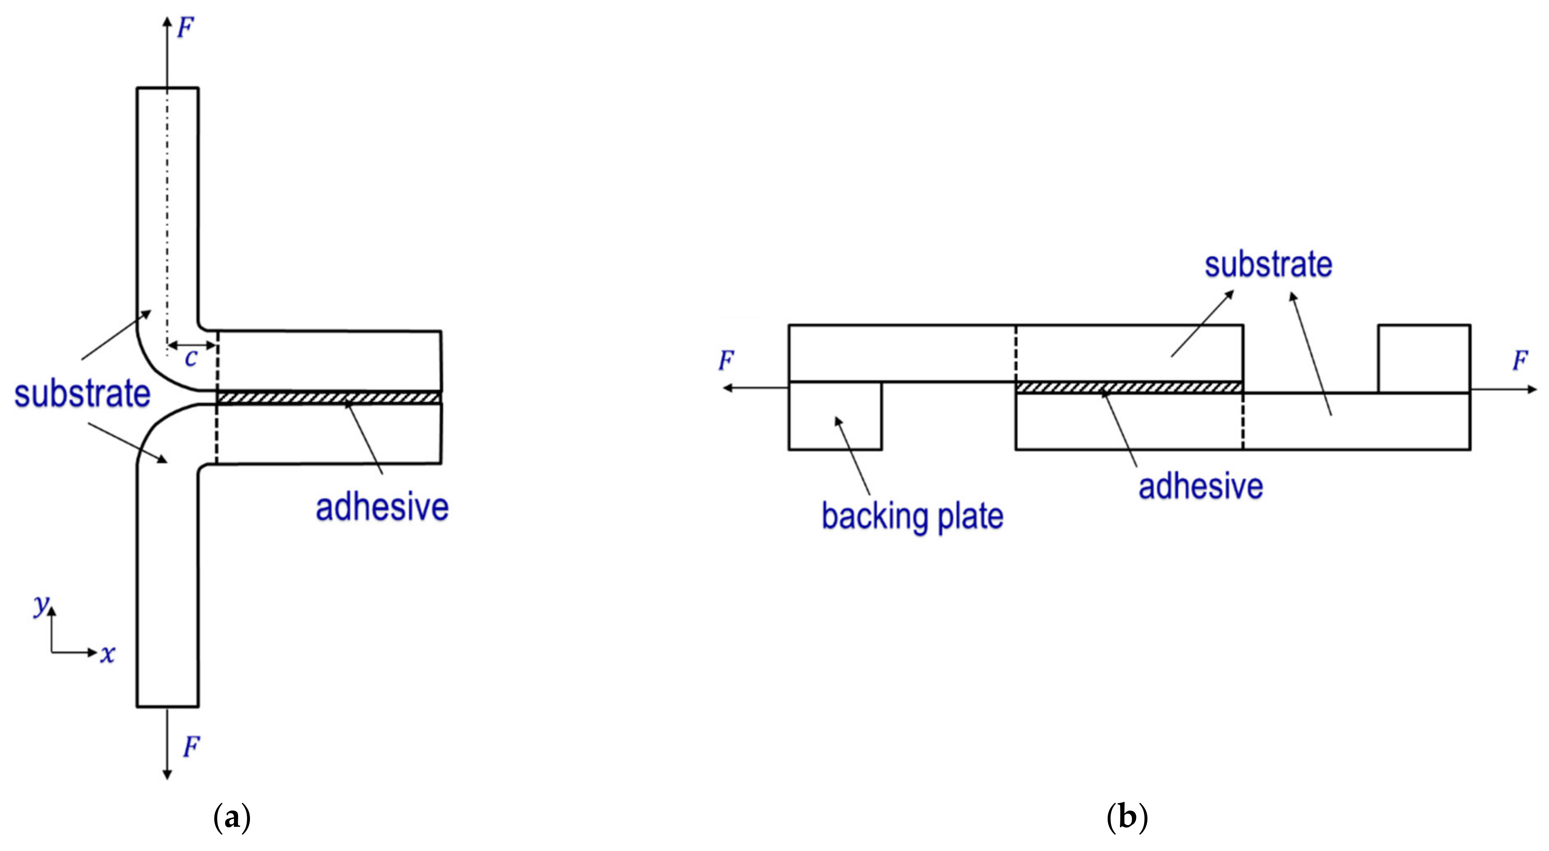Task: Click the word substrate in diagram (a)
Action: point(83,394)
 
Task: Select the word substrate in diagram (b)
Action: point(1268,265)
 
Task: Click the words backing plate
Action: point(912,516)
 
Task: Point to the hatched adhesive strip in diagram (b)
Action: point(1129,387)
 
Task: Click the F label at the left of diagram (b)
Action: point(726,361)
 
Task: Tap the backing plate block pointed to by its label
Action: point(835,416)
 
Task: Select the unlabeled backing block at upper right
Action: point(1424,359)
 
